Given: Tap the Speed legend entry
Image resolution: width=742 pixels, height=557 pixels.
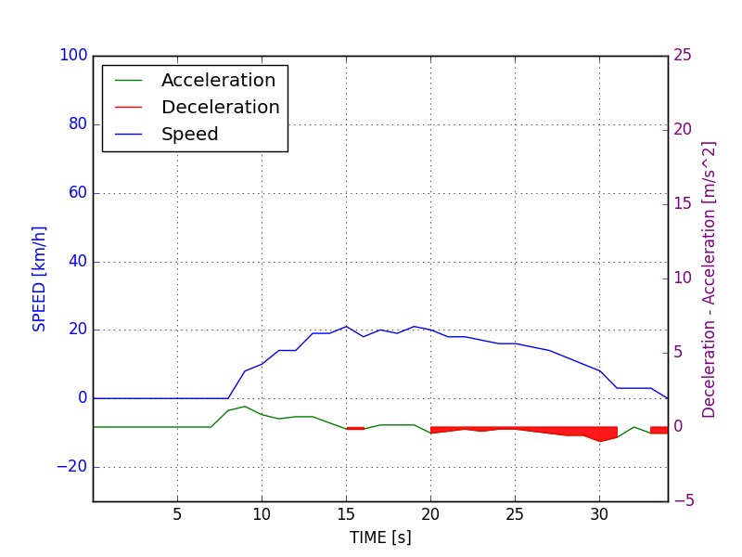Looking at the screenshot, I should pos(189,135).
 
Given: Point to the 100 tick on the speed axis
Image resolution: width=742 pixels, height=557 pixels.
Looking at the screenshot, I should pos(73,56).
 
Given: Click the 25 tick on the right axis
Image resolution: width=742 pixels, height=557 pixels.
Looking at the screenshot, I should pos(682,56).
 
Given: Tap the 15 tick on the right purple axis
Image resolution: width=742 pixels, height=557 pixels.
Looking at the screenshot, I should pos(682,204).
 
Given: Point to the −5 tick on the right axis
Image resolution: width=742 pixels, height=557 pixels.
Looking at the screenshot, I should pos(682,501).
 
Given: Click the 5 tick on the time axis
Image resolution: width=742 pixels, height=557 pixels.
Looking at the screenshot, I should pos(177,514).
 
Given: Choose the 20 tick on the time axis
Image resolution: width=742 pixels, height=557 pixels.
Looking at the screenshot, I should pos(430,514).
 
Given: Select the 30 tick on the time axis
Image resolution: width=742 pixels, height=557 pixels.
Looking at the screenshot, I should pos(599,514).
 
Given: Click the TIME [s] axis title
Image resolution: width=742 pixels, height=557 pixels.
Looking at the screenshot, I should pos(380,538).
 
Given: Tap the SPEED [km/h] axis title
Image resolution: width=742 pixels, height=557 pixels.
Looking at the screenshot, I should pos(40,278).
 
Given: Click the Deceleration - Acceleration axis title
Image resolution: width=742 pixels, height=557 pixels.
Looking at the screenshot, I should pos(710,278).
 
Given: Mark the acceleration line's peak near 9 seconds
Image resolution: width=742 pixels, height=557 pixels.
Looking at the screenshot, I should pos(245,406).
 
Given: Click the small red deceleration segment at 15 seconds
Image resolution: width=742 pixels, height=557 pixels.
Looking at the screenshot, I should pos(355,428).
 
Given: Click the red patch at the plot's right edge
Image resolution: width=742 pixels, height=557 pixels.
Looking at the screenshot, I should pos(659,430).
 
